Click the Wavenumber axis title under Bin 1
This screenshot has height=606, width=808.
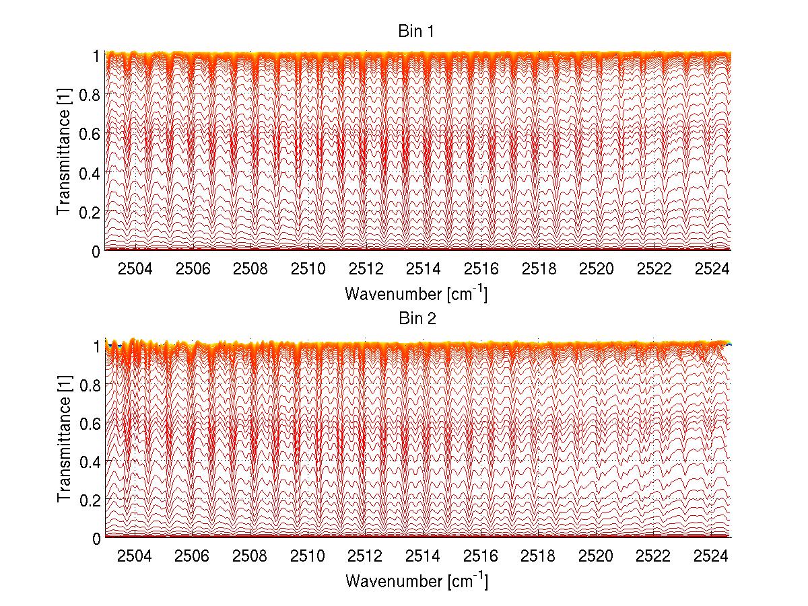tap(416, 293)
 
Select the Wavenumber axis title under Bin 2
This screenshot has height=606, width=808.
tap(416, 580)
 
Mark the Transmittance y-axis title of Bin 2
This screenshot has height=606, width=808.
tap(64, 441)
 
